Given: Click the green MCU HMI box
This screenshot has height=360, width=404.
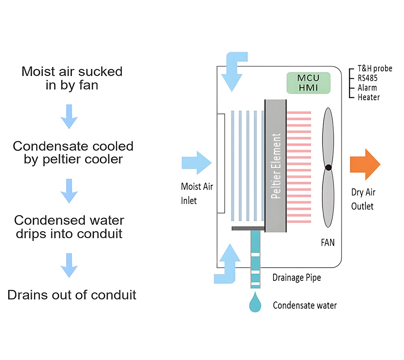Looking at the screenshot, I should (308, 83).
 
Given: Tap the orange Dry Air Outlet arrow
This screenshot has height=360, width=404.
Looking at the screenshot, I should (365, 164).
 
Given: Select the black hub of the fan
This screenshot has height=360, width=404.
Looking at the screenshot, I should (328, 167).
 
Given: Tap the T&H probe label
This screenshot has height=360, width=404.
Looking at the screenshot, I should (375, 69).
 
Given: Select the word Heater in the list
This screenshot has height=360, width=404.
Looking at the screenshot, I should (368, 97).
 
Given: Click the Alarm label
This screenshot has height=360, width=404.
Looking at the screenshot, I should (367, 88).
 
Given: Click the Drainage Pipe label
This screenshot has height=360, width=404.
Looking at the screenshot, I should (297, 278).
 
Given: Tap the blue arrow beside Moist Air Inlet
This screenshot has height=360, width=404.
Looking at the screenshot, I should (197, 163).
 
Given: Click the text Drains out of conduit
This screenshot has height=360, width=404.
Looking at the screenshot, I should (72, 295).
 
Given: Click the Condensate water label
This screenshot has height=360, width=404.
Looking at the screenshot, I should (305, 305).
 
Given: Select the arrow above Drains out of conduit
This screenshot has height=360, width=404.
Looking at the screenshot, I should (69, 266).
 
